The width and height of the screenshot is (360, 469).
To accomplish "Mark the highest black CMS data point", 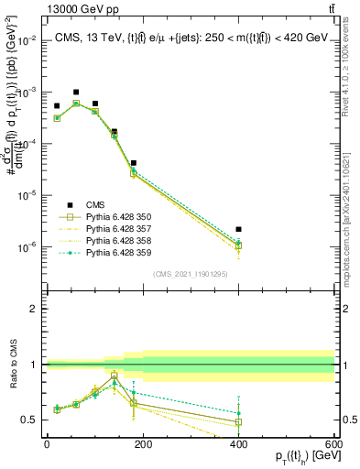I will point(76,93).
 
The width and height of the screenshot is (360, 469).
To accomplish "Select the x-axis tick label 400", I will point(238,443).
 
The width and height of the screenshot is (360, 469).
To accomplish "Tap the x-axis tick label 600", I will point(333,443).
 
